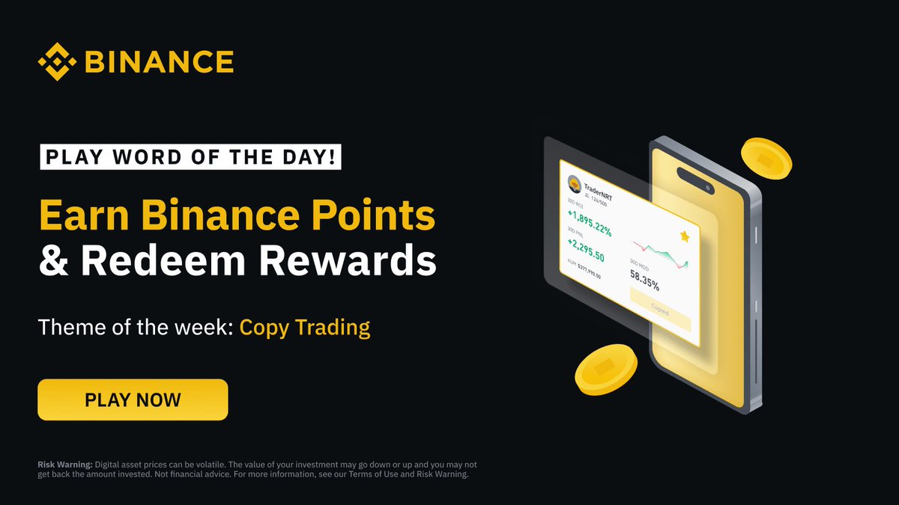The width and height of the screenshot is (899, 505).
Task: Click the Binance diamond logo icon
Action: (58, 61)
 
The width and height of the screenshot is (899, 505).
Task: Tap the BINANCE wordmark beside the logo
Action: (158, 62)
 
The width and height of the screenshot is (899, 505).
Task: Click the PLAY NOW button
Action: (133, 400)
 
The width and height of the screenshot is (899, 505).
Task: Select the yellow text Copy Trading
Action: (305, 328)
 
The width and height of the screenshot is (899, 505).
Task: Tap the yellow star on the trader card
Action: (684, 236)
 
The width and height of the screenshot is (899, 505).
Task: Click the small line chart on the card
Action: (659, 254)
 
